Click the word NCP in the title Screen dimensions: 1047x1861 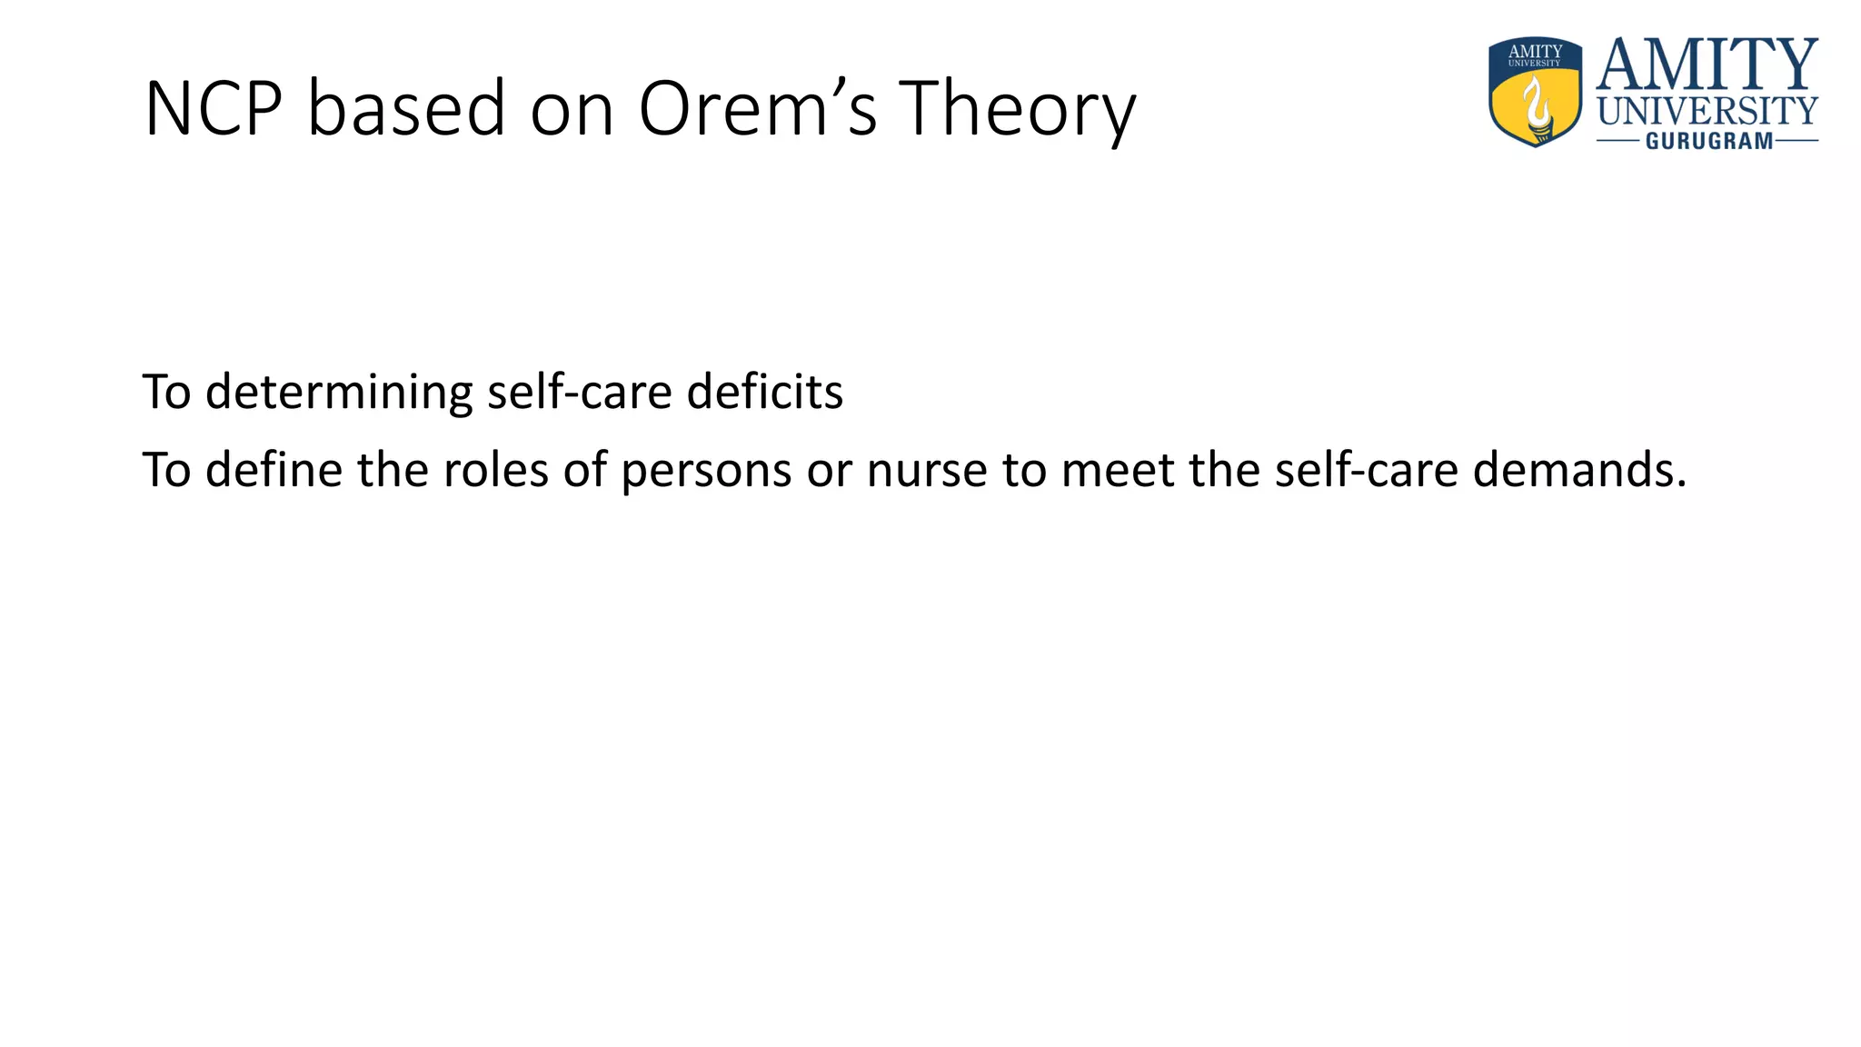pyautogui.click(x=214, y=109)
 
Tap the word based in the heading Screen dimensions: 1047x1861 pyautogui.click(x=406, y=109)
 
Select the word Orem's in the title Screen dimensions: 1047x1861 pyautogui.click(x=758, y=109)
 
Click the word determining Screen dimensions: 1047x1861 pyautogui.click(x=339, y=393)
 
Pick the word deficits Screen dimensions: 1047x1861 pyautogui.click(x=765, y=393)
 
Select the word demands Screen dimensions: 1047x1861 pyautogui.click(x=1579, y=471)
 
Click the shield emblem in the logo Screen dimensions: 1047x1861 pyautogui.click(x=1535, y=92)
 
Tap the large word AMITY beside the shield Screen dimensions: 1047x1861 pyautogui.click(x=1707, y=65)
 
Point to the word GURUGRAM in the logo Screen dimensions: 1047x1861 pyautogui.click(x=1709, y=141)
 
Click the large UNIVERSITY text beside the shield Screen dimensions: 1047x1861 pyautogui.click(x=1707, y=112)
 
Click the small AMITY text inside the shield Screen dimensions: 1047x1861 pyautogui.click(x=1535, y=51)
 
